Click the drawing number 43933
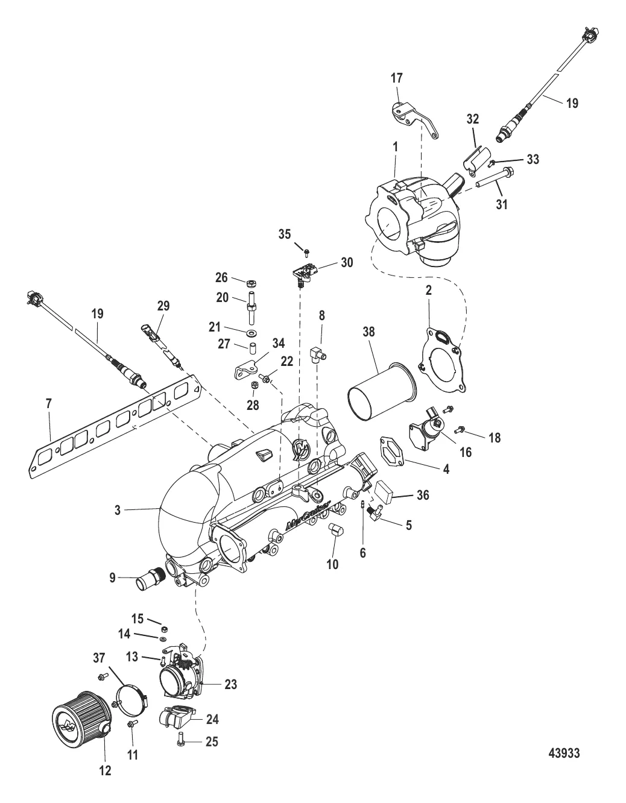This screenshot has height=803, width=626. [564, 753]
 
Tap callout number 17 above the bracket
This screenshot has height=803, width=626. [397, 78]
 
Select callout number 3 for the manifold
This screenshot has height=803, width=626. [118, 510]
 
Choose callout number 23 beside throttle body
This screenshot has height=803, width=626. [230, 684]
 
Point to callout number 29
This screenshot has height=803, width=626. [164, 306]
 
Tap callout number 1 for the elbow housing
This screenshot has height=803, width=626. [395, 146]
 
